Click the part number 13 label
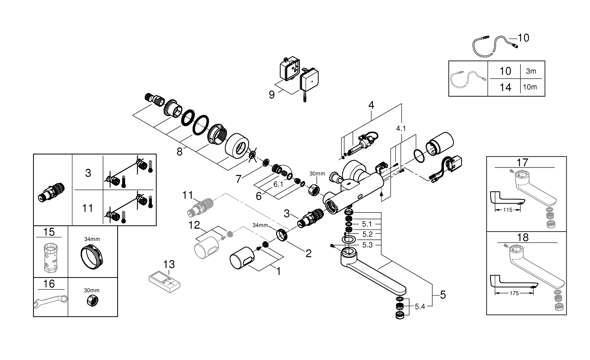tap(169, 264)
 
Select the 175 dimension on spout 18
tap(513, 293)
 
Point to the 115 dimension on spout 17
tap(507, 210)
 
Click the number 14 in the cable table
tap(505, 87)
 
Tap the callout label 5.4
tap(420, 307)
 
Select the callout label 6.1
tap(278, 184)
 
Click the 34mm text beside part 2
tap(260, 226)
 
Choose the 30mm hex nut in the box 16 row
tap(92, 301)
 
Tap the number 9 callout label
tap(272, 95)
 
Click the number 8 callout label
tap(179, 152)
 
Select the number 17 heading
tap(523, 162)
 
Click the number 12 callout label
tap(194, 225)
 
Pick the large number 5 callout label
tap(443, 294)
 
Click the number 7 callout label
tap(238, 179)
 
